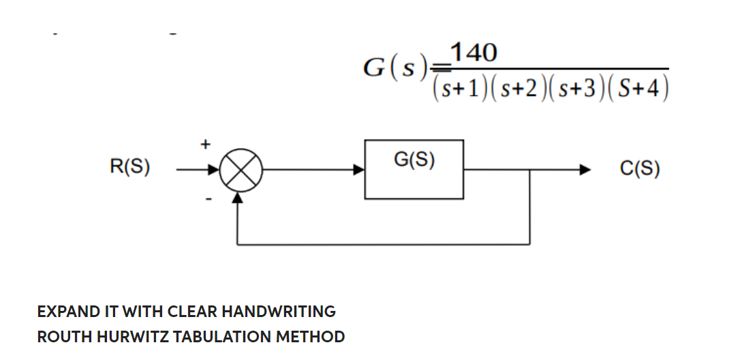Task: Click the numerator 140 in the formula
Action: pyautogui.click(x=474, y=52)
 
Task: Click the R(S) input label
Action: pyautogui.click(x=130, y=168)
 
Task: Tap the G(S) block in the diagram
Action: pyautogui.click(x=414, y=169)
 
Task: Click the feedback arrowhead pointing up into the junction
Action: pyautogui.click(x=237, y=197)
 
